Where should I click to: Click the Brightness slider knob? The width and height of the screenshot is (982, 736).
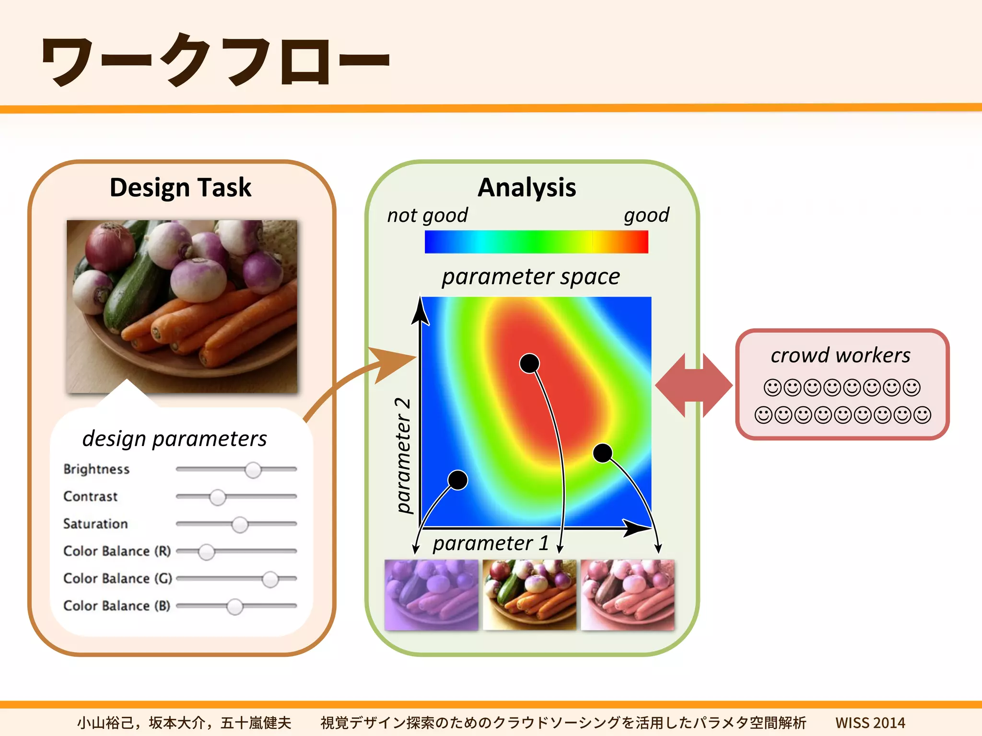(253, 470)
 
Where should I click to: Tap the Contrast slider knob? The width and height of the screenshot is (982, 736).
(218, 497)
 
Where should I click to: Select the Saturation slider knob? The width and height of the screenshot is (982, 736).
(240, 525)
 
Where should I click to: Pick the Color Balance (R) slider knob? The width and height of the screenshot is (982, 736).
(207, 552)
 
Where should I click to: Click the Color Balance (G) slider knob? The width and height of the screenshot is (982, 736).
(270, 579)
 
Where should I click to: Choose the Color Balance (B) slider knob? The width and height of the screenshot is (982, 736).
(234, 607)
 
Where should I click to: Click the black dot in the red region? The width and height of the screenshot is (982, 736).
(529, 364)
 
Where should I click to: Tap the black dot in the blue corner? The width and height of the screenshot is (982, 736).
(457, 480)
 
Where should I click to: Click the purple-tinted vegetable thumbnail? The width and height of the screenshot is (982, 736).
(431, 595)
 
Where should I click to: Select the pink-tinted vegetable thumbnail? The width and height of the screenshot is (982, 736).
(627, 595)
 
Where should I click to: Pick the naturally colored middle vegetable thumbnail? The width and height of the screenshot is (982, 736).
(529, 595)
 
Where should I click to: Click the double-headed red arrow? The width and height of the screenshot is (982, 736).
(693, 385)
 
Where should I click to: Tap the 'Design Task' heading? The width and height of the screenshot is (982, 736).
(180, 187)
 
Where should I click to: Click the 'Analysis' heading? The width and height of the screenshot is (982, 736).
(526, 187)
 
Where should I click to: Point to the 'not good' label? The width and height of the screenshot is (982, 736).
(427, 216)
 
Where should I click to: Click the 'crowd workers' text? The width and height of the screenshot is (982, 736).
(840, 356)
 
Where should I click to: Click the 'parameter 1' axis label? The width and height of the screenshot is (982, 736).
(490, 543)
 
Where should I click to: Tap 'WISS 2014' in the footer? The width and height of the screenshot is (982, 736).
(870, 722)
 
